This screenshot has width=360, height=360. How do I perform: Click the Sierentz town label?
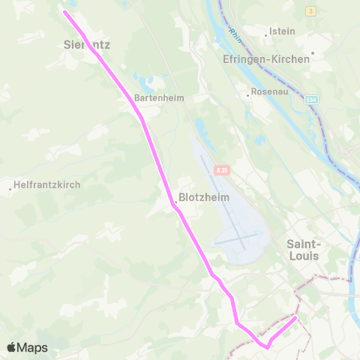click(85, 44)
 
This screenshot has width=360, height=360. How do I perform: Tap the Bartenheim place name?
click(158, 97)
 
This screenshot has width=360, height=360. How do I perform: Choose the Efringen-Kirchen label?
click(265, 58)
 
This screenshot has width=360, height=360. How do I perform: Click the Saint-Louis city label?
click(304, 249)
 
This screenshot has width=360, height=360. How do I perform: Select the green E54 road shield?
click(312, 99)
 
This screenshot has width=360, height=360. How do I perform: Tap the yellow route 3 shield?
click(311, 10)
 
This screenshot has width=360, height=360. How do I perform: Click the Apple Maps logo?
click(27, 347)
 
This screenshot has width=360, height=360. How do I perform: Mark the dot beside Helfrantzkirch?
click(10, 188)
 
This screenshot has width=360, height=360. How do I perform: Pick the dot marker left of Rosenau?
click(248, 94)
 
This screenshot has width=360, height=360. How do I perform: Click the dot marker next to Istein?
click(267, 33)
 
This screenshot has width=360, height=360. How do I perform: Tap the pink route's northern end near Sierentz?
click(65, 13)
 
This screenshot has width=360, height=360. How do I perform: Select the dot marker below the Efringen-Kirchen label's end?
click(312, 54)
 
